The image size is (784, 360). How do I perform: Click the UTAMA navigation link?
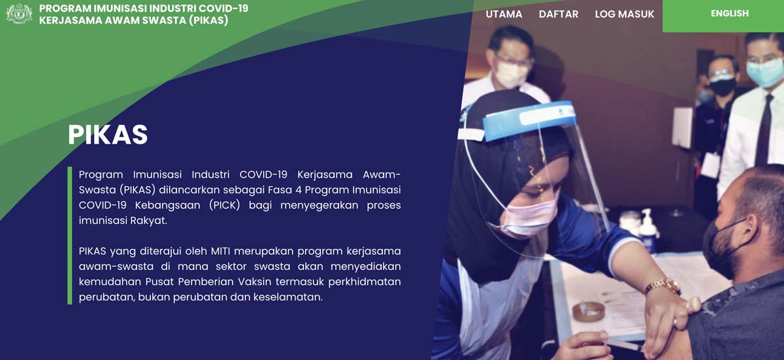pyautogui.click(x=504, y=14)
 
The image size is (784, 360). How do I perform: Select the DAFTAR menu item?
pyautogui.click(x=559, y=14)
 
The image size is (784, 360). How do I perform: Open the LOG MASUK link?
pyautogui.click(x=625, y=14)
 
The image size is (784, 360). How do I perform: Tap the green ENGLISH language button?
pyautogui.click(x=723, y=16)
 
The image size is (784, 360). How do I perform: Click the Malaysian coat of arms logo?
pyautogui.click(x=19, y=14)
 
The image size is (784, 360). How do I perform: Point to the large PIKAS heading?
pyautogui.click(x=108, y=135)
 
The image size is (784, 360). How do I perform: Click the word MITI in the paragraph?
pyautogui.click(x=219, y=251)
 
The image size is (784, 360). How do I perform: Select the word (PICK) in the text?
pyautogui.click(x=224, y=205)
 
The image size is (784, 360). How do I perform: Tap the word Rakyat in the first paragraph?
pyautogui.click(x=148, y=221)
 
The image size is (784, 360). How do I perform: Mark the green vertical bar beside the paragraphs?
pyautogui.click(x=70, y=235)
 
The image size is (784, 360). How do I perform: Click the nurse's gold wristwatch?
pyautogui.click(x=662, y=286)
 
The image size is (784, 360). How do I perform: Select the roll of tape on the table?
pyautogui.click(x=589, y=312)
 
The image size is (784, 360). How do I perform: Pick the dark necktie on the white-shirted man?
pyautogui.click(x=764, y=130)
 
